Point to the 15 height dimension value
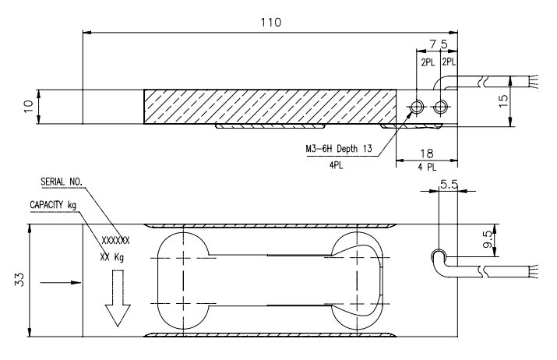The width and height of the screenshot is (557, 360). (526, 101)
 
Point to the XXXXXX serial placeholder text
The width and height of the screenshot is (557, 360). (116, 240)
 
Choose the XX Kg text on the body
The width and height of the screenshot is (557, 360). (112, 256)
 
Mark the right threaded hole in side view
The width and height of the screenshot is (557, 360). (442, 106)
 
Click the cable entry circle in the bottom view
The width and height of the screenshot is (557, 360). (439, 256)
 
